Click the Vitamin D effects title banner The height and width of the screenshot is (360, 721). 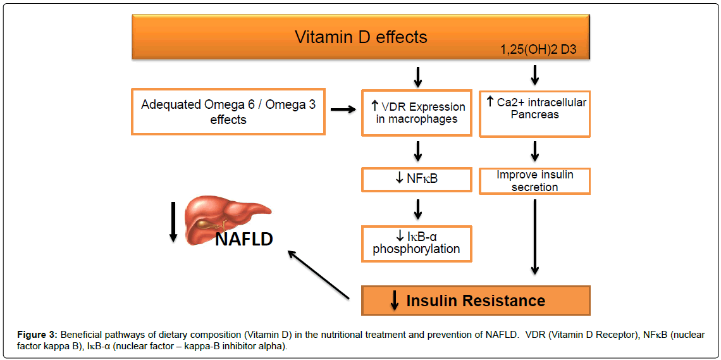[360, 37]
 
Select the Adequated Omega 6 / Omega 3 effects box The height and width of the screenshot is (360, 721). [228, 112]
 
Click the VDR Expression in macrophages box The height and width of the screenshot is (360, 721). [417, 113]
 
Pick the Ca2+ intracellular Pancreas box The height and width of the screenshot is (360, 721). [535, 113]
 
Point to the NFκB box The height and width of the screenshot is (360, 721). [417, 179]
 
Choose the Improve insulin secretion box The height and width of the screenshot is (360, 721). [535, 180]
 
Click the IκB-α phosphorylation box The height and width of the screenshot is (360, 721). [417, 243]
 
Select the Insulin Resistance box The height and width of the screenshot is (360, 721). [476, 301]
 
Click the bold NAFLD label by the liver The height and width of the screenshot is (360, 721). [243, 239]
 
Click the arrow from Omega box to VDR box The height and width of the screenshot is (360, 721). [343, 110]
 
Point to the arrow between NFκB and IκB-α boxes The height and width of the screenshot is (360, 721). [417, 209]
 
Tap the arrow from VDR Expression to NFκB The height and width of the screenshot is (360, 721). [417, 151]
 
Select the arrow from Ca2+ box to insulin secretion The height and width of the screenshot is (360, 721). [535, 151]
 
